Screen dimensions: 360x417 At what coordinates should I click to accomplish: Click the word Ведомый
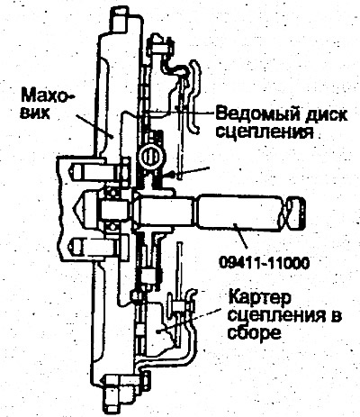coord(257,114)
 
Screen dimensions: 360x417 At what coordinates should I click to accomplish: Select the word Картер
coord(260,298)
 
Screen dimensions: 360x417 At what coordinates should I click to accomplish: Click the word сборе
coord(254,331)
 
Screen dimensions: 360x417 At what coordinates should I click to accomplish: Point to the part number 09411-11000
coord(264,263)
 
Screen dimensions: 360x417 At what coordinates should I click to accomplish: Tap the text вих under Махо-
coord(35,113)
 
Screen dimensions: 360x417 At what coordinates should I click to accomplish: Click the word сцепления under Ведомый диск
coord(265,131)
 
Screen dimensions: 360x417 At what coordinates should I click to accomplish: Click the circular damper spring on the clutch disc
coord(152,156)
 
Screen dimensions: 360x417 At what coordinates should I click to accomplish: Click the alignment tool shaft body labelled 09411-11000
coord(238,213)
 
